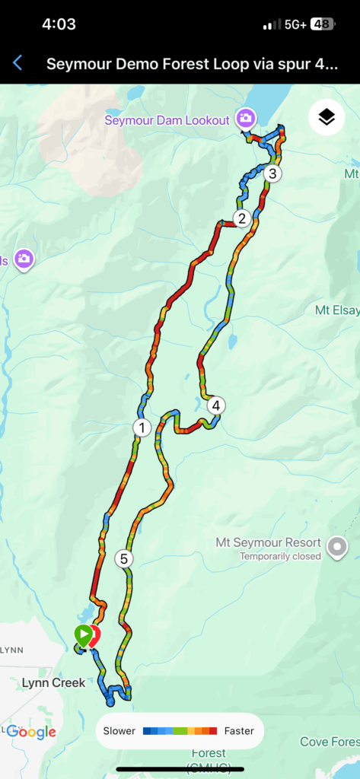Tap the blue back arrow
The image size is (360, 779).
(18, 63)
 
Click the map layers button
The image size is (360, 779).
(326, 117)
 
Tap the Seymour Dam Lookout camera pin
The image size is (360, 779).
(245, 118)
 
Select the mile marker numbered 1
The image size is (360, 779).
(142, 427)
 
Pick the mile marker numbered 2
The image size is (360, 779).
(242, 219)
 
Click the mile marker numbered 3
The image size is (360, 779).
(272, 173)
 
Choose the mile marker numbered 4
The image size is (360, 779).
(217, 405)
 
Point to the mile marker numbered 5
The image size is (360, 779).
(124, 559)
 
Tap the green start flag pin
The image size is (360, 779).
(81, 634)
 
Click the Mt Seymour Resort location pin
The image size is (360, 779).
(336, 545)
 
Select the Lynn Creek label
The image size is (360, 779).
(53, 682)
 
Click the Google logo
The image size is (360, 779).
(31, 732)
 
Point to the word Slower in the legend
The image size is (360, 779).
(119, 731)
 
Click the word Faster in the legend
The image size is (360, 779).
(239, 731)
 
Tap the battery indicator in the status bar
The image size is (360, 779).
(321, 24)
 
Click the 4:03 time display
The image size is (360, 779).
(59, 24)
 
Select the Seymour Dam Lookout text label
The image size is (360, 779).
(167, 120)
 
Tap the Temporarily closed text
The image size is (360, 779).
(280, 557)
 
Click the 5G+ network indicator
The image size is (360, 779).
(295, 24)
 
